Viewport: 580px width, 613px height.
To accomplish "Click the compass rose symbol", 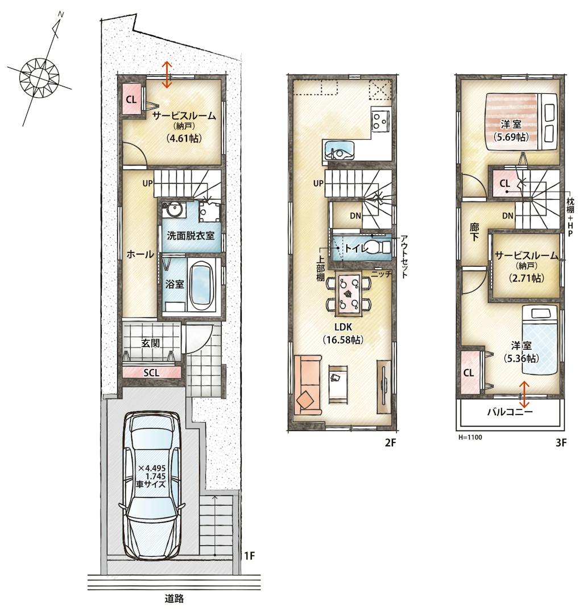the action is pyautogui.click(x=39, y=76).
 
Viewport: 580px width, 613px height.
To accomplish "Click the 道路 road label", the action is pyautogui.click(x=174, y=598).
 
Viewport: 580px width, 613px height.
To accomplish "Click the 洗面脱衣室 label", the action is pyautogui.click(x=190, y=236).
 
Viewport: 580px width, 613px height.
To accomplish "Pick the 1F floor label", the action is pyautogui.click(x=250, y=556).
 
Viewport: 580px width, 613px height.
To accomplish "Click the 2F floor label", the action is pyautogui.click(x=391, y=442).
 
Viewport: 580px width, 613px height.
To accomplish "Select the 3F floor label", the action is pyautogui.click(x=561, y=442).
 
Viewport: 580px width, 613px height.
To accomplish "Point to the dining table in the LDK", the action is pyautogui.click(x=349, y=293).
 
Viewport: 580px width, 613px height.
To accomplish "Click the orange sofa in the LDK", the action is pyautogui.click(x=308, y=384).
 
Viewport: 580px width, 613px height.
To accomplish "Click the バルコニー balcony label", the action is pyautogui.click(x=510, y=412).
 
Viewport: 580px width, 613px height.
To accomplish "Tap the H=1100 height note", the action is pyautogui.click(x=470, y=437).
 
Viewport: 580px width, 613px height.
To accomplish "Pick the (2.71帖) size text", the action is pyautogui.click(x=527, y=279).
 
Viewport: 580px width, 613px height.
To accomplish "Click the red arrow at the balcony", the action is pyautogui.click(x=524, y=395).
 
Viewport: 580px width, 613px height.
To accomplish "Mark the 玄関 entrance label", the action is pyautogui.click(x=151, y=343).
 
